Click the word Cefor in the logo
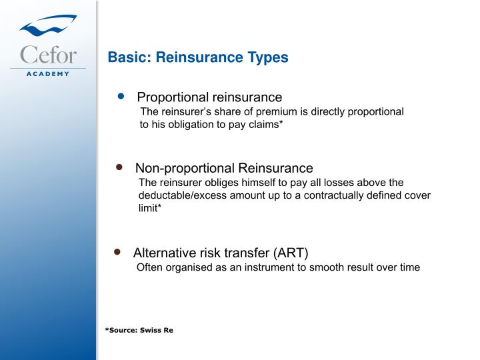coord(48,54)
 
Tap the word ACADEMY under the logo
coord(48,73)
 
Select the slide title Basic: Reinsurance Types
coord(198,57)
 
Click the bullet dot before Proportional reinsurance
coord(121,96)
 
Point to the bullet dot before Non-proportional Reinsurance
coord(120,167)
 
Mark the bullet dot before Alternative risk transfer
coord(117,252)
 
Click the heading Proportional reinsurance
coord(209,97)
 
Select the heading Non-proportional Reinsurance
coord(224,168)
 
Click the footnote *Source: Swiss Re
coord(139,330)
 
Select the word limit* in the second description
coord(150,208)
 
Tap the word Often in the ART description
coord(149,267)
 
